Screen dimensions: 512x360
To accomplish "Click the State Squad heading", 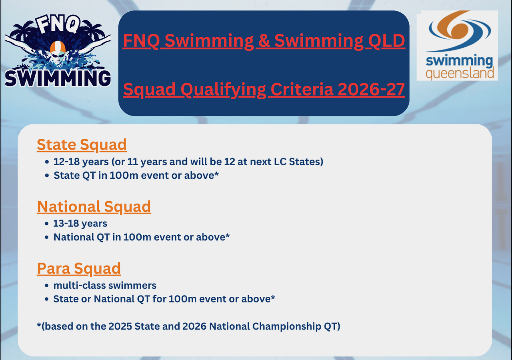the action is [82, 145].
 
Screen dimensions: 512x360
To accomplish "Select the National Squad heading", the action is [94, 207].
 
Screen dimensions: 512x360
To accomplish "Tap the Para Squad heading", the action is [79, 268].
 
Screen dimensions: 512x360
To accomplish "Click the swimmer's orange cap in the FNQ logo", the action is [58, 47].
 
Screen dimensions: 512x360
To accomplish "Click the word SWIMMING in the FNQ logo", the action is [58, 78].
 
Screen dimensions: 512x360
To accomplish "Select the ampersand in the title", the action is [264, 41].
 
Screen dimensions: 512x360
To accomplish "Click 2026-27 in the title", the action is [371, 89].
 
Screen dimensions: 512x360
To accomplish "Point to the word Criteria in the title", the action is [302, 89].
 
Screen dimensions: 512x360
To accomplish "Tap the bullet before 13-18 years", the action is [47, 224].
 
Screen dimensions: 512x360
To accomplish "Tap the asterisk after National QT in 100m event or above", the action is [228, 236].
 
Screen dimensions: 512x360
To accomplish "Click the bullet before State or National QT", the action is [47, 299].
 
